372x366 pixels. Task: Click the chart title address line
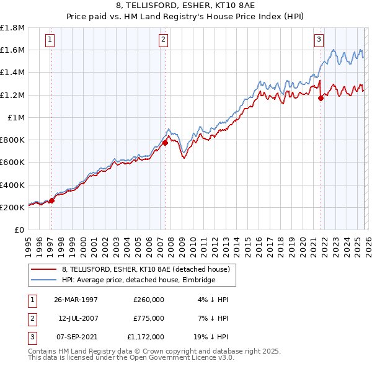[185, 6]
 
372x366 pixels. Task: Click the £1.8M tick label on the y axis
[13, 28]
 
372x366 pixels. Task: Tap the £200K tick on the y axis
[13, 207]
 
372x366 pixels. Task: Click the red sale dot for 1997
[52, 200]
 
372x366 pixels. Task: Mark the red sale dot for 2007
[165, 143]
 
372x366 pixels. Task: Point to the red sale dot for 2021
[321, 98]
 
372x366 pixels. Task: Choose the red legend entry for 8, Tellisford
[146, 269]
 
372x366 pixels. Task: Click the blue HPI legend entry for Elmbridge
[138, 280]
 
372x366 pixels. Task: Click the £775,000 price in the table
[149, 318]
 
